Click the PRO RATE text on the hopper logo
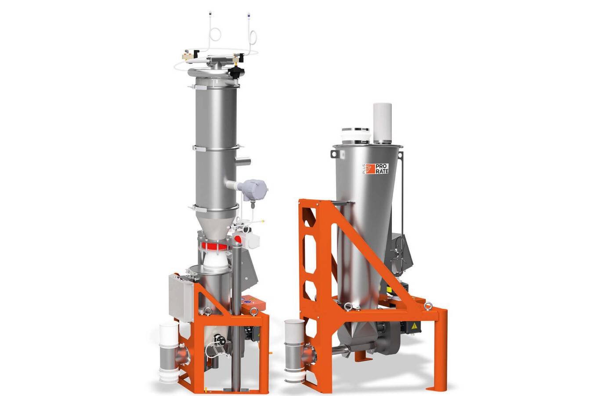[x=382, y=169]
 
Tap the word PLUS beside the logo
[x=364, y=169]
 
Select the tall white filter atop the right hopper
[x=382, y=123]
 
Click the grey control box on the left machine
[x=181, y=298]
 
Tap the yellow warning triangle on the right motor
[x=413, y=326]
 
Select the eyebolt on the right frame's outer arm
[x=428, y=306]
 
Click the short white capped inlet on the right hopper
[x=355, y=136]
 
